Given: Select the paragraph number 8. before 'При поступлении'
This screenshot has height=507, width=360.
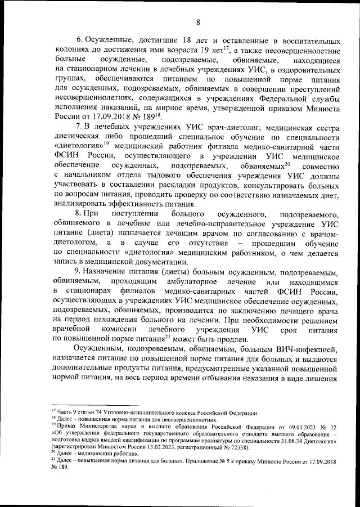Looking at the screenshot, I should pyautogui.click(x=79, y=215).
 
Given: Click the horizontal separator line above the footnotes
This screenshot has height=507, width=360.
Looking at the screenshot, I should pyautogui.click(x=78, y=405).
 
